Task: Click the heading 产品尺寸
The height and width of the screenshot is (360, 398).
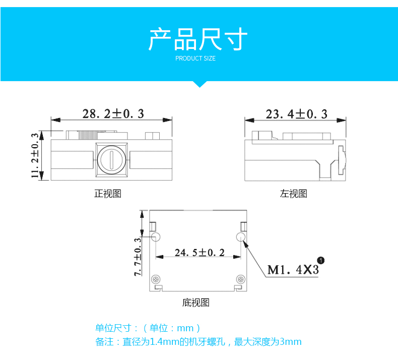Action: pos(198,39)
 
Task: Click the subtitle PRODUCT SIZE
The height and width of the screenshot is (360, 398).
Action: pos(195,58)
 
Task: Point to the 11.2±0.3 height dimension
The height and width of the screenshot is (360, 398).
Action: pos(35,155)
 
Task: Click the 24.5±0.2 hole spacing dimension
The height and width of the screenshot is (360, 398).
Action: pos(199,252)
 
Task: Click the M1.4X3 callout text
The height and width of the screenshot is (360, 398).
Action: pos(293,270)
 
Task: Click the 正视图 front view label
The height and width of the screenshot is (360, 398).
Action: pos(108,194)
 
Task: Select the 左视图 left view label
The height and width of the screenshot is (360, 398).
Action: pos(293,194)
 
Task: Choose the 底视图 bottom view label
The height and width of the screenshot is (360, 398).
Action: pos(195,303)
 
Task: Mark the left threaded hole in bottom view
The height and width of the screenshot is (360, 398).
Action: pos(156,237)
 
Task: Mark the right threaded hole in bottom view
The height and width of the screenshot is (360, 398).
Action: pos(241,237)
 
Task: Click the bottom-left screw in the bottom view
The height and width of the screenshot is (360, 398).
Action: pos(157,279)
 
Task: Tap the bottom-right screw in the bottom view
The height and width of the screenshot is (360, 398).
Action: pos(241,279)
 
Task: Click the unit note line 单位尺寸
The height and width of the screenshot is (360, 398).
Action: pos(148,328)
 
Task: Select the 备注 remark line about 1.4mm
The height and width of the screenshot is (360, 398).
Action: pos(198,342)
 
